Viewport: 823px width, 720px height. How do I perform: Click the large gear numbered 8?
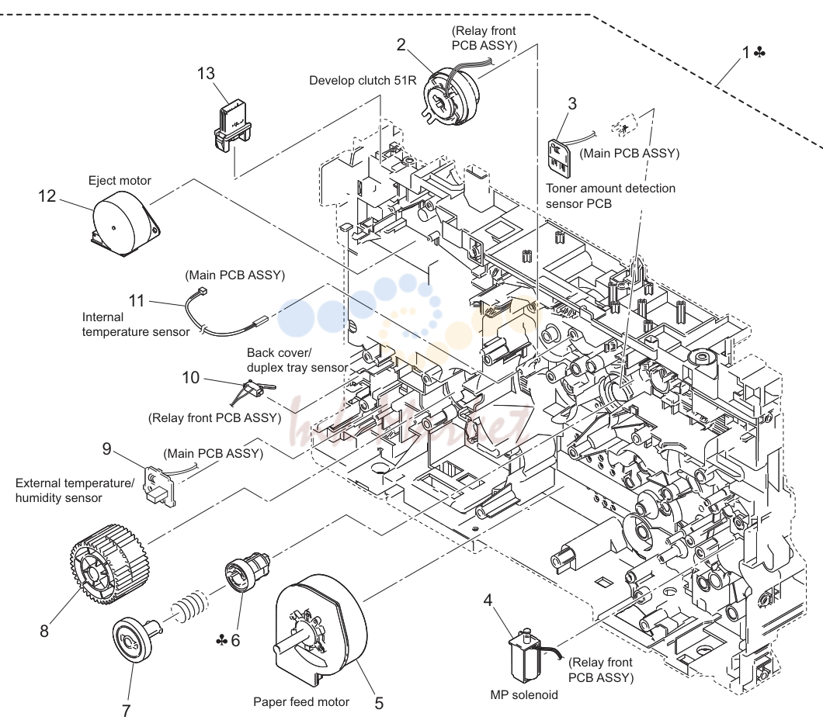[x=109, y=566]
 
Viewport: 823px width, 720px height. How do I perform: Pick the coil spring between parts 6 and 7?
[x=189, y=607]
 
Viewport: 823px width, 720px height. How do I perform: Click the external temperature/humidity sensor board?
[x=160, y=486]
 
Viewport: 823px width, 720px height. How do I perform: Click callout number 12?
[x=47, y=196]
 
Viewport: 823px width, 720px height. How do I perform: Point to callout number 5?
[x=379, y=703]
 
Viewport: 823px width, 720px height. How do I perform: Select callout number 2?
[x=401, y=44]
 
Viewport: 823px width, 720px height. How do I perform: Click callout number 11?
[x=137, y=300]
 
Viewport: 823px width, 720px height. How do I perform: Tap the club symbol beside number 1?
[x=759, y=53]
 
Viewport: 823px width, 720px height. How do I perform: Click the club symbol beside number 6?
[x=221, y=640]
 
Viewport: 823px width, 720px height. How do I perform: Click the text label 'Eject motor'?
[x=120, y=181]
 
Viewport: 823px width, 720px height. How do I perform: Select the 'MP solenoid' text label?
[x=524, y=695]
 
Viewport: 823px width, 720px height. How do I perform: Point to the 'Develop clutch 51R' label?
[x=363, y=80]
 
